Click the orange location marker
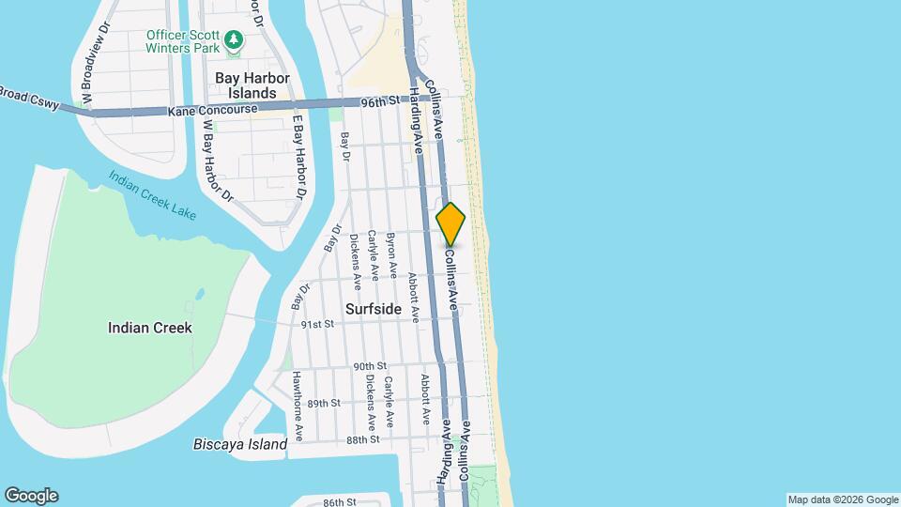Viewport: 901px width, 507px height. coord(450,224)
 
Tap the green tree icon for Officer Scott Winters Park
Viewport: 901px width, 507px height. coord(234,40)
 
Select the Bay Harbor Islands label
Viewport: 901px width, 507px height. coord(252,85)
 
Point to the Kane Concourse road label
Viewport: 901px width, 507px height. coord(212,111)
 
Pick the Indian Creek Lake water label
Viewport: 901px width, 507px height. coord(151,195)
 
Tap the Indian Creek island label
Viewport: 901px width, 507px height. coord(150,328)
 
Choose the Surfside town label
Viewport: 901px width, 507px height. coord(373,309)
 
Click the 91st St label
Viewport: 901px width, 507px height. coord(317,324)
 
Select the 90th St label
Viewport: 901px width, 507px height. coord(370,366)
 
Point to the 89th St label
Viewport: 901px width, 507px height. coord(323,403)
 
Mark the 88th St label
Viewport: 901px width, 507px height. coord(362,439)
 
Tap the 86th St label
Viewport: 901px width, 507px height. coord(340,502)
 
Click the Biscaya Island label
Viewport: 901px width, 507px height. coord(240,444)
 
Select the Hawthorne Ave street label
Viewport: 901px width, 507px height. coord(296,406)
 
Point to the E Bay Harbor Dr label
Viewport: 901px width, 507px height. coord(298,158)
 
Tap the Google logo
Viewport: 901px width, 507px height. coord(31,496)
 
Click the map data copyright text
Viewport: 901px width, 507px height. coord(842,499)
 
